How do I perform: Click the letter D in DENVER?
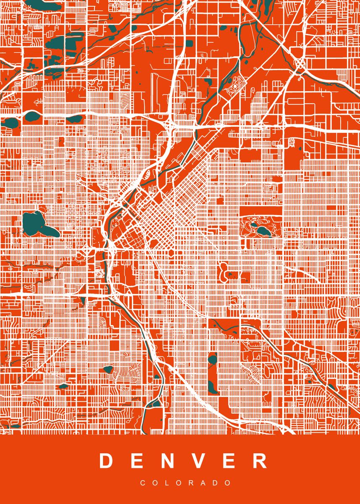click(x=107, y=461)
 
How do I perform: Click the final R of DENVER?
click(x=260, y=461)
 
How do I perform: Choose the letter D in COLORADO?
click(x=217, y=483)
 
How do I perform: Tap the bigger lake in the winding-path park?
click(x=263, y=231)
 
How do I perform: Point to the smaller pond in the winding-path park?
click(x=254, y=225)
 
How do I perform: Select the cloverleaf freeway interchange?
click(x=301, y=65)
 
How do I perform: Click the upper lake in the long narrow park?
click(x=212, y=360)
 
